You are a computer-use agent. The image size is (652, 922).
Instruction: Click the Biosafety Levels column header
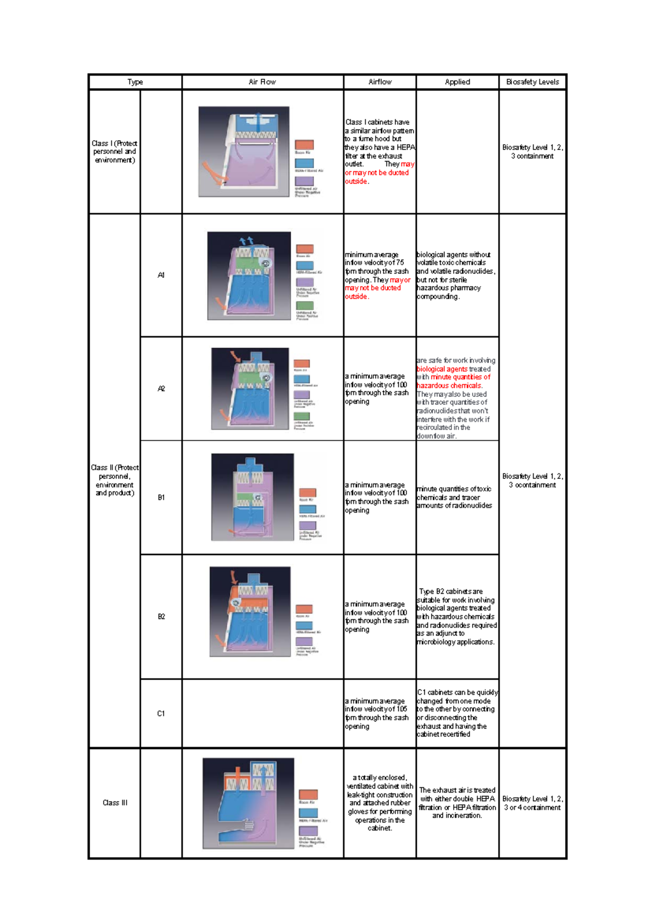(532, 82)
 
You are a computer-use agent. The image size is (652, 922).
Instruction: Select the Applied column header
(457, 82)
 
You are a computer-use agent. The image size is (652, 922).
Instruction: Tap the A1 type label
(161, 275)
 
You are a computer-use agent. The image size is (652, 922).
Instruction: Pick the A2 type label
(161, 389)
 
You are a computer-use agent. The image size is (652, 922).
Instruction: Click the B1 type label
(161, 497)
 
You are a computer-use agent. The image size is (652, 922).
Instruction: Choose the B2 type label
(161, 616)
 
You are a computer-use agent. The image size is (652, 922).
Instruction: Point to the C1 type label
(161, 713)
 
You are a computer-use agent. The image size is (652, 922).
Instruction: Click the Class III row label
(115, 802)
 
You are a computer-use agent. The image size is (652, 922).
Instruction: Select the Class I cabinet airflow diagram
(244, 152)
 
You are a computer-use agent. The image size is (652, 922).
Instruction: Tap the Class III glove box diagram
(248, 803)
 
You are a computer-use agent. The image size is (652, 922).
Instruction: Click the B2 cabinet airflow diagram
(250, 612)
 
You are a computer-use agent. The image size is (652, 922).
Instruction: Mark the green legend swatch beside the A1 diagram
(304, 305)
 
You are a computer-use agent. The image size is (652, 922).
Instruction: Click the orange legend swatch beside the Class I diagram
(304, 145)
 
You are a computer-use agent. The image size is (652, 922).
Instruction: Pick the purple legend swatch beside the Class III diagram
(308, 831)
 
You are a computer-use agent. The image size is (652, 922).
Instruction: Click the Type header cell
(135, 82)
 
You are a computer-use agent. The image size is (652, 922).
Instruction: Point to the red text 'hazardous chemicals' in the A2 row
(449, 385)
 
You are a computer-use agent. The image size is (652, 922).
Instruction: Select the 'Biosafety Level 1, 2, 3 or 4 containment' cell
(532, 803)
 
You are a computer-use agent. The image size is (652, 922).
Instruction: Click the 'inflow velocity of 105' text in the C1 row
(375, 709)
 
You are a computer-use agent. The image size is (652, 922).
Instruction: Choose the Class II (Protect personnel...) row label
(115, 480)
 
